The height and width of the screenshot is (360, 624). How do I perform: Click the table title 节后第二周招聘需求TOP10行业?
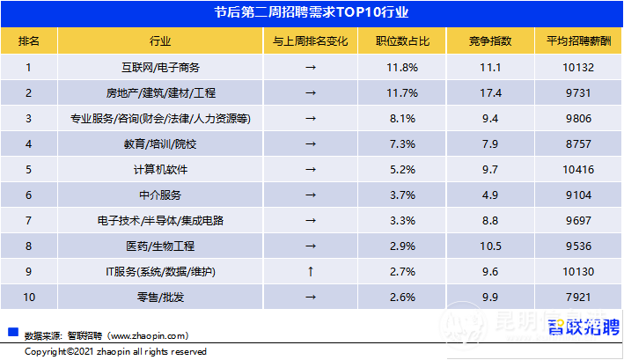coord(312,13)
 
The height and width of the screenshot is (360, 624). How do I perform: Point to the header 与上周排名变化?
coord(310,40)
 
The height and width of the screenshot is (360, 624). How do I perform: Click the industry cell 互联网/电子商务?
coord(160,67)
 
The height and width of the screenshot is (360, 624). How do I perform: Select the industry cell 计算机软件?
coord(160,169)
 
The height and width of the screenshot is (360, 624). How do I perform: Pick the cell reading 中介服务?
coord(160,195)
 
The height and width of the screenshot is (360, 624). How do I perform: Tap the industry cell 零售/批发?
coord(160,298)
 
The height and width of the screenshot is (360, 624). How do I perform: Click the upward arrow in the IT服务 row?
coord(310,272)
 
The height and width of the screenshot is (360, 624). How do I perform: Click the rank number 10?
coord(29,298)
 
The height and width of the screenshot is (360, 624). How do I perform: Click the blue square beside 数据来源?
coord(12,333)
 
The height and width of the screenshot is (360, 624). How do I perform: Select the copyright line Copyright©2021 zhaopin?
coord(115,351)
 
